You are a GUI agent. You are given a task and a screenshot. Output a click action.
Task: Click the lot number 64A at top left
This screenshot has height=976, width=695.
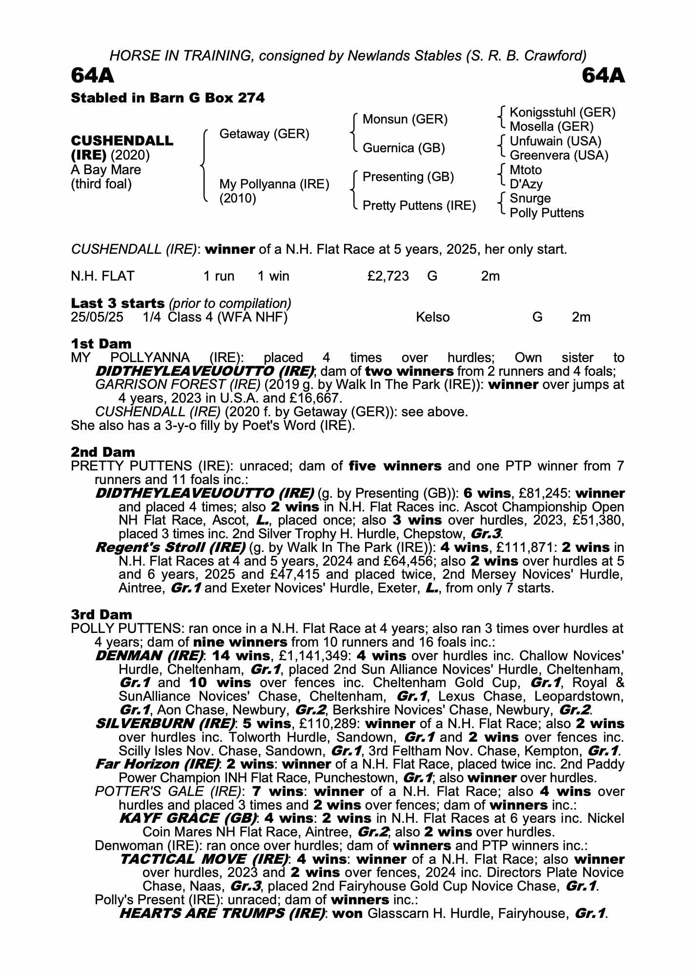click(x=93, y=76)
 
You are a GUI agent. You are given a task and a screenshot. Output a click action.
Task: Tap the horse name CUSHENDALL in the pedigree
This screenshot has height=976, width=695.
click(x=122, y=141)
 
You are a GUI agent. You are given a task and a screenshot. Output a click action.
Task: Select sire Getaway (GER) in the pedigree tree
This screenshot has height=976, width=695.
click(x=264, y=134)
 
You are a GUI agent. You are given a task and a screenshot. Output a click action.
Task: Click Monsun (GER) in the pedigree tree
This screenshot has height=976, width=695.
click(x=405, y=120)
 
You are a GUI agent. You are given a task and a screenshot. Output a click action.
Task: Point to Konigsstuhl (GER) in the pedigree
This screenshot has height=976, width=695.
click(x=562, y=113)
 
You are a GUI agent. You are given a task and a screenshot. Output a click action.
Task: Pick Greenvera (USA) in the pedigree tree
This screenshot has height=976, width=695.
click(x=559, y=156)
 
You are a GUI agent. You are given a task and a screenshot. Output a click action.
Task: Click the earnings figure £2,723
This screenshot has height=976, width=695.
click(x=388, y=276)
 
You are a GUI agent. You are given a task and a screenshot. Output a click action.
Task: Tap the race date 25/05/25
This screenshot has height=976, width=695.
click(x=97, y=317)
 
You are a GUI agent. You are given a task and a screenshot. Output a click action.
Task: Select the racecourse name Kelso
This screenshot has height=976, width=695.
click(x=432, y=317)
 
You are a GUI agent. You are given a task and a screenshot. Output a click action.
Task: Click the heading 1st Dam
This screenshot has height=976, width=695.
click(x=101, y=344)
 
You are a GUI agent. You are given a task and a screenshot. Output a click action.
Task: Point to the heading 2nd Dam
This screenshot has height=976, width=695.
click(x=103, y=452)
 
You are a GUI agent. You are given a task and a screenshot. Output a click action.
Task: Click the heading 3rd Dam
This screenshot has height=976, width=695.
click(x=102, y=615)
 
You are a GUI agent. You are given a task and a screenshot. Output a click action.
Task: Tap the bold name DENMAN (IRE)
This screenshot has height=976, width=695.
click(x=149, y=656)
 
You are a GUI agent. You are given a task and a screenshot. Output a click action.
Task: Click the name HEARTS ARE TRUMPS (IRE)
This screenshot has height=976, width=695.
click(x=222, y=914)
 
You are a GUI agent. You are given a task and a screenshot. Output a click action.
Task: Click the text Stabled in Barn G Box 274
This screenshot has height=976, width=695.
click(x=168, y=98)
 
